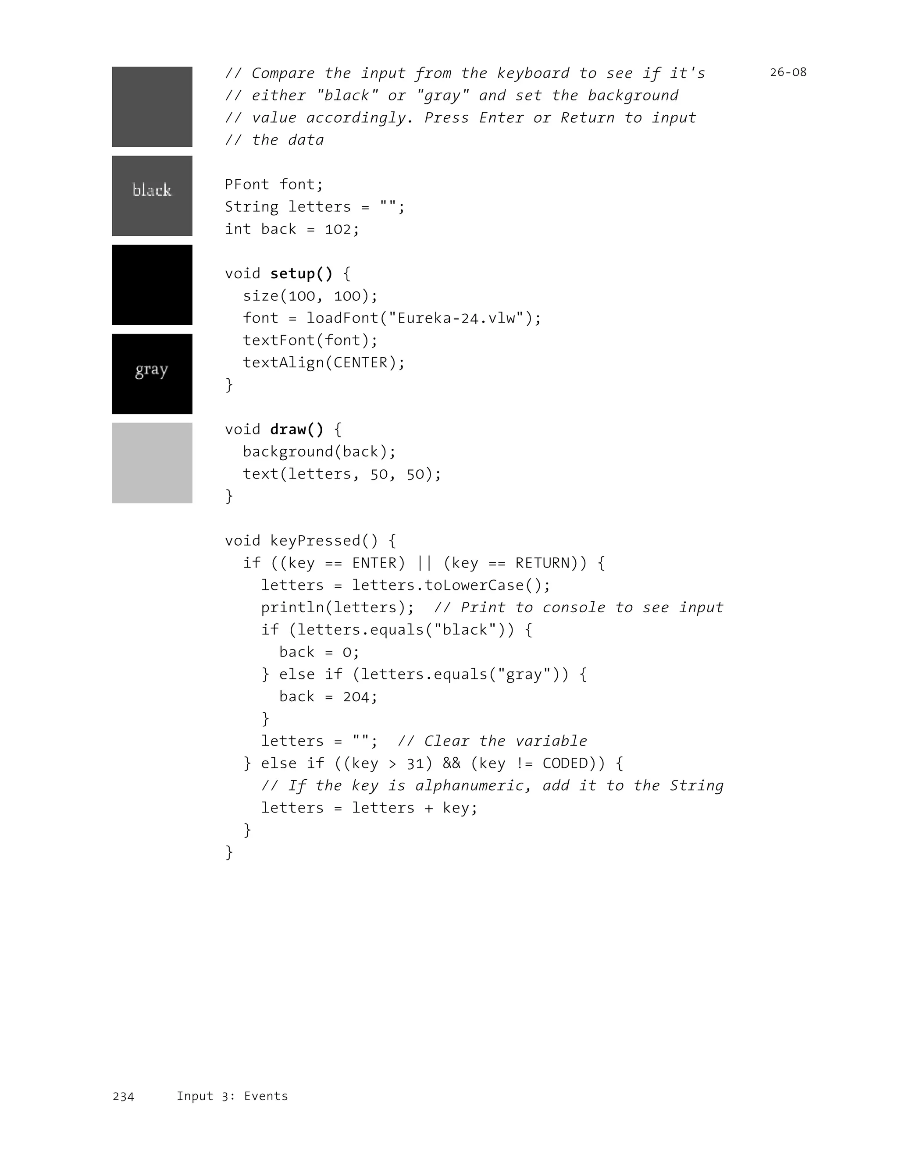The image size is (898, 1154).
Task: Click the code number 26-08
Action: [x=788, y=72]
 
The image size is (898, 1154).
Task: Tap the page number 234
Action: [x=123, y=1097]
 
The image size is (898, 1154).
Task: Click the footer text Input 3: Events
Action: [x=232, y=1096]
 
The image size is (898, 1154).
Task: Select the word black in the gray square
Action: [x=152, y=190]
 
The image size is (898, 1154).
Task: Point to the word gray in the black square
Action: [x=152, y=370]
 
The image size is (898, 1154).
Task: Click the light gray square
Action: [x=152, y=463]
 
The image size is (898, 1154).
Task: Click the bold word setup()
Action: [x=301, y=273]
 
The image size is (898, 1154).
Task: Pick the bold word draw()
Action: [x=296, y=430]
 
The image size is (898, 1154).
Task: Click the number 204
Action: [x=356, y=697]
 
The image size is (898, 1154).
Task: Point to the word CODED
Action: [x=565, y=763]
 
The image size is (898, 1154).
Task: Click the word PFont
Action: [x=247, y=185]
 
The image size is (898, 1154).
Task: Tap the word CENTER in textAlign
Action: [x=360, y=363]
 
